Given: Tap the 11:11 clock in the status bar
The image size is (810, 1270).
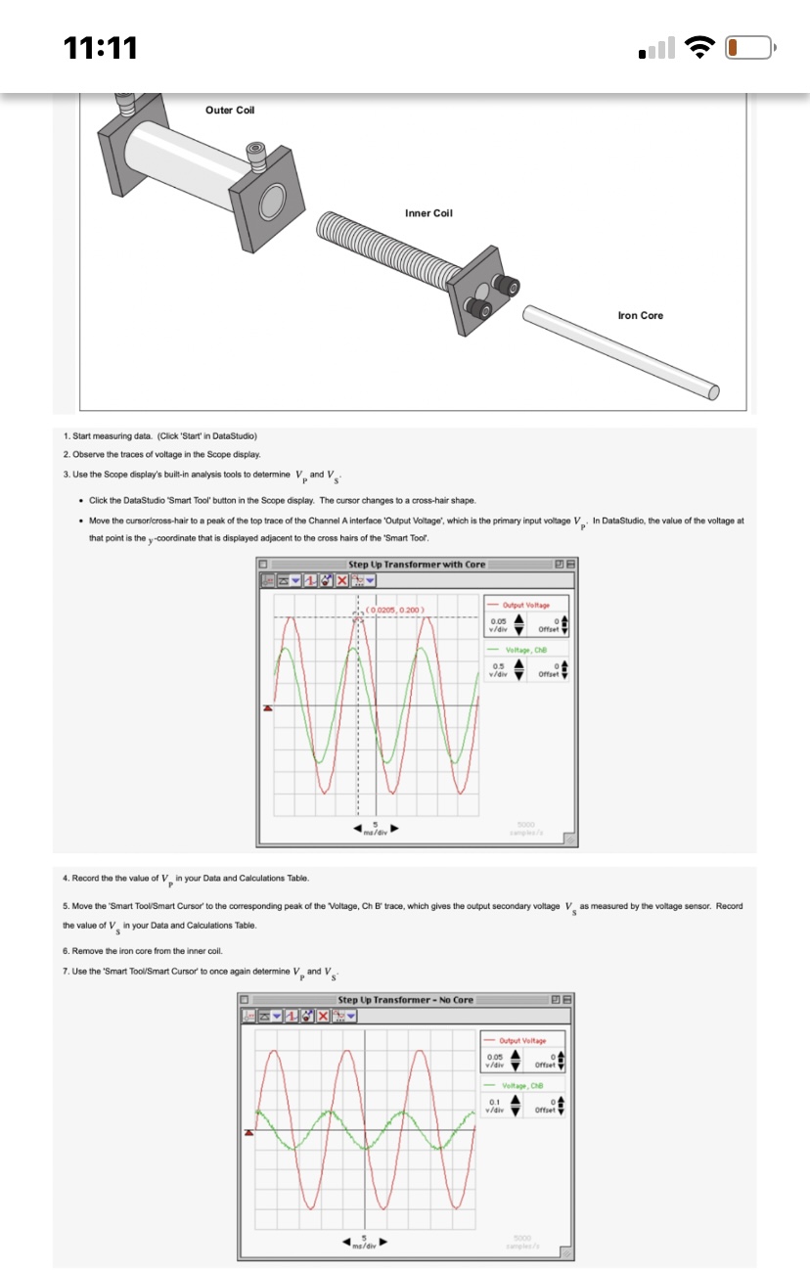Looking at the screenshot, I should coord(101,46).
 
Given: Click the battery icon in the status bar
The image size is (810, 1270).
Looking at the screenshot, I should coord(750,46).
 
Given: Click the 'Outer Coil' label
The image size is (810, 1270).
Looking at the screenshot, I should coord(230,110).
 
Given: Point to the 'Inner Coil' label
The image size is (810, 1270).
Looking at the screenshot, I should coord(428,212).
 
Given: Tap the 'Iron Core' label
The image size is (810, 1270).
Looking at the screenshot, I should coord(641,315).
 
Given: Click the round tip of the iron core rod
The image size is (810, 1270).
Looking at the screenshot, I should coord(713,392).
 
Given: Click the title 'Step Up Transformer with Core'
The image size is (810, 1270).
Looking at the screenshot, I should coord(417,565).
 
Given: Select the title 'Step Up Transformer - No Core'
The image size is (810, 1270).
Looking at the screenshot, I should coord(405,999).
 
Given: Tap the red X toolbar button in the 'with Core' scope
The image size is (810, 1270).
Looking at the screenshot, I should coord(341,580).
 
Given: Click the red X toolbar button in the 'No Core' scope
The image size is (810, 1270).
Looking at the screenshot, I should coord(323,1016).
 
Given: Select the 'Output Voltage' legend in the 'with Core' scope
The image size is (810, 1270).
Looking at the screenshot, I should coord(526,607).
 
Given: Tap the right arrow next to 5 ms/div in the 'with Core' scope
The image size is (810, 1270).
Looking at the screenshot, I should coord(396,830).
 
